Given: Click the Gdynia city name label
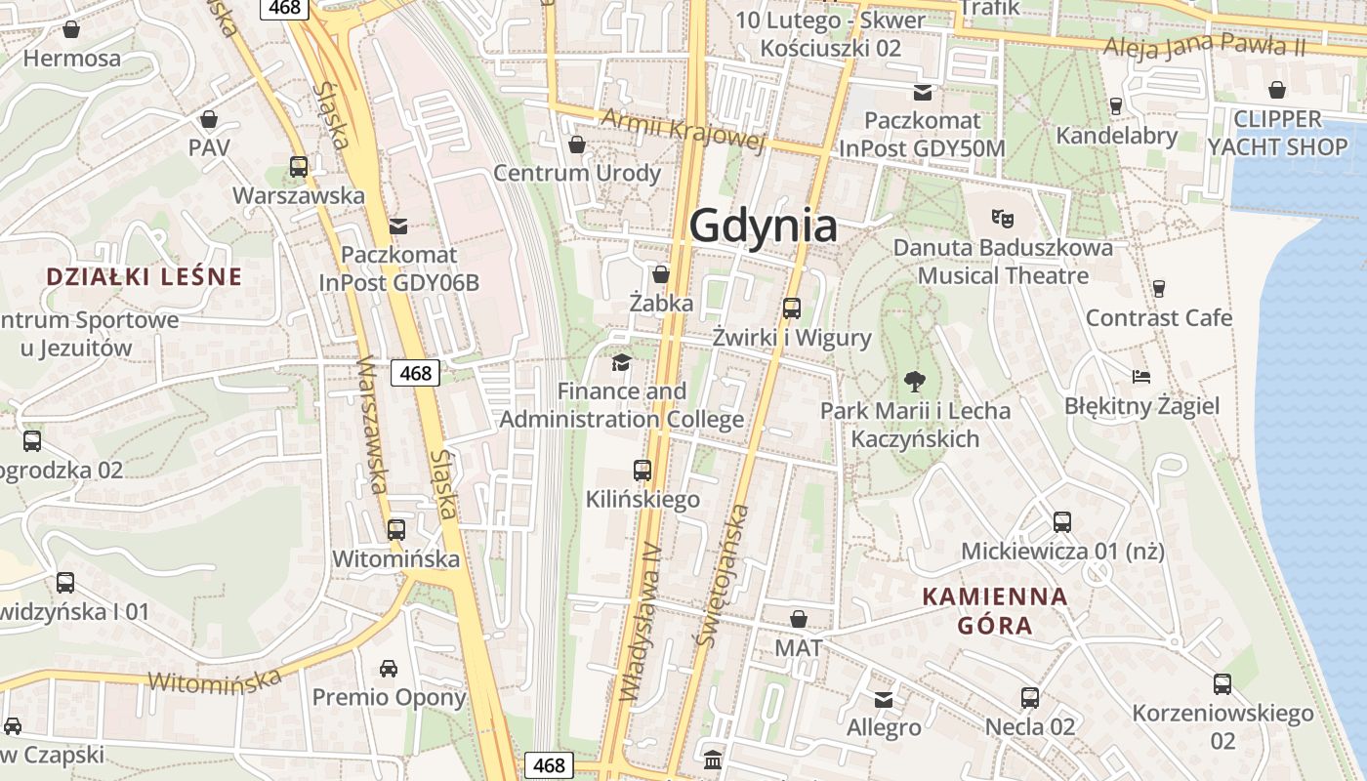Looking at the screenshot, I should [x=763, y=226].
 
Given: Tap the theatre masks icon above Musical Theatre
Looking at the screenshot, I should [x=1001, y=217].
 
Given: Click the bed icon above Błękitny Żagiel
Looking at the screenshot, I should [x=1140, y=376].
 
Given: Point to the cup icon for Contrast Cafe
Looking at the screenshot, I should [x=1158, y=288].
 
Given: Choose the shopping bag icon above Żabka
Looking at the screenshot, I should [x=661, y=274].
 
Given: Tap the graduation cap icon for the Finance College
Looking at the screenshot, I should [x=621, y=363].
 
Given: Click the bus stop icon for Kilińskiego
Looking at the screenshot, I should [x=642, y=471].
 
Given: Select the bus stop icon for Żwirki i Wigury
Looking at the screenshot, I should [x=791, y=308].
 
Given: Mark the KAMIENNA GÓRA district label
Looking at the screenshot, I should [x=995, y=610].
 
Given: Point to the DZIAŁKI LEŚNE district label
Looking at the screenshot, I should [x=144, y=276].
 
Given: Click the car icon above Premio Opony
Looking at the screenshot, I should [x=389, y=669].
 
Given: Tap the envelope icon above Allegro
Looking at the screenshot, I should [x=884, y=699].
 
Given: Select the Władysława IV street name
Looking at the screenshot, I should [x=641, y=623].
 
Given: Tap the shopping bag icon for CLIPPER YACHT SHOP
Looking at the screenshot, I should [x=1277, y=91].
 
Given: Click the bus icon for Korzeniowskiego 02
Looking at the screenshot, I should [x=1222, y=684].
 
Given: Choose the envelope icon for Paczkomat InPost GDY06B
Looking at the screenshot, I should [x=398, y=226].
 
